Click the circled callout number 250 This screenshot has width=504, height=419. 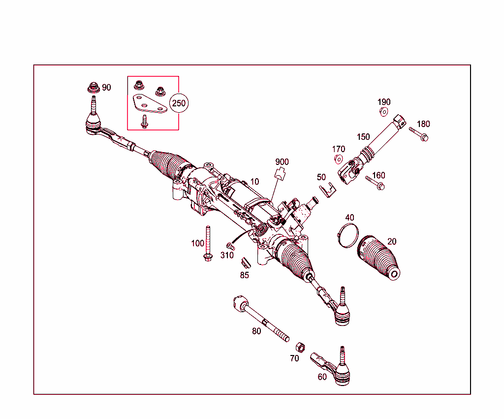(179, 103)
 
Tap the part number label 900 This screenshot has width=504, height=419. (282, 162)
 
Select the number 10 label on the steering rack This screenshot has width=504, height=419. (254, 182)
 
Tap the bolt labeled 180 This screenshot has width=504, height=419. (419, 133)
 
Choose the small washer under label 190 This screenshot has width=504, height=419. (383, 112)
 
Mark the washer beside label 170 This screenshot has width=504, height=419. (338, 159)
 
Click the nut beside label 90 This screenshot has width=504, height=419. (93, 88)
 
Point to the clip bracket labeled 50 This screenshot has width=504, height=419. (326, 190)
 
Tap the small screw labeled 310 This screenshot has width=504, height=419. (229, 245)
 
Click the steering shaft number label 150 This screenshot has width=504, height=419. (363, 136)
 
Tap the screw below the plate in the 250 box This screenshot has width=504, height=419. (144, 121)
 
